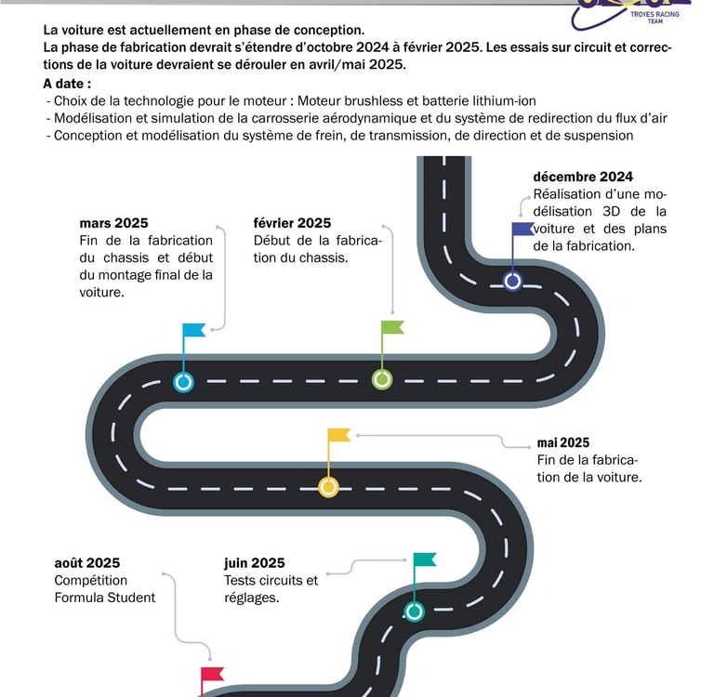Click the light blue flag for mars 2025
[x=194, y=330]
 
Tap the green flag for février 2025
[x=392, y=327]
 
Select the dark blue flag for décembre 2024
[x=522, y=229]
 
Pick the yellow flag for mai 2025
[x=339, y=435]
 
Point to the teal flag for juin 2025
[x=425, y=559]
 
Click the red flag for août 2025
[x=213, y=674]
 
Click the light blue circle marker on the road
[x=184, y=381]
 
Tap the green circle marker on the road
[x=382, y=379]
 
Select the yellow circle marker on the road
[x=328, y=486]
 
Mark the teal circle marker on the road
[x=415, y=611]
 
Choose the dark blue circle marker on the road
[x=512, y=280]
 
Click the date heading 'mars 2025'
[x=113, y=223]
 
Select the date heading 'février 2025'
[x=292, y=223]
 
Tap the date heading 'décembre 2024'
[x=583, y=177]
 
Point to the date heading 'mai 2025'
[x=563, y=442]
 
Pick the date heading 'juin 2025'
[x=255, y=562]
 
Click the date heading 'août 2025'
[x=87, y=562]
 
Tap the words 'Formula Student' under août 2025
[x=105, y=598]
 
